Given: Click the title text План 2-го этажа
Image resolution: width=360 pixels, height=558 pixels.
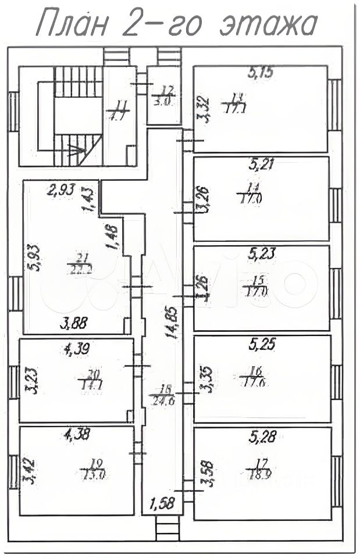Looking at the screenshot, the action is click(x=177, y=24).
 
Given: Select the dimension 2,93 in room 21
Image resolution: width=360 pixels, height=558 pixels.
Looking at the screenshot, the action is click(x=60, y=189).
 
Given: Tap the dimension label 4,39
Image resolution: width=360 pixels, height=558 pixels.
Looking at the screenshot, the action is click(x=76, y=349).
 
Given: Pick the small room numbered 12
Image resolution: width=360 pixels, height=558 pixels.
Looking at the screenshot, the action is click(x=163, y=95).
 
